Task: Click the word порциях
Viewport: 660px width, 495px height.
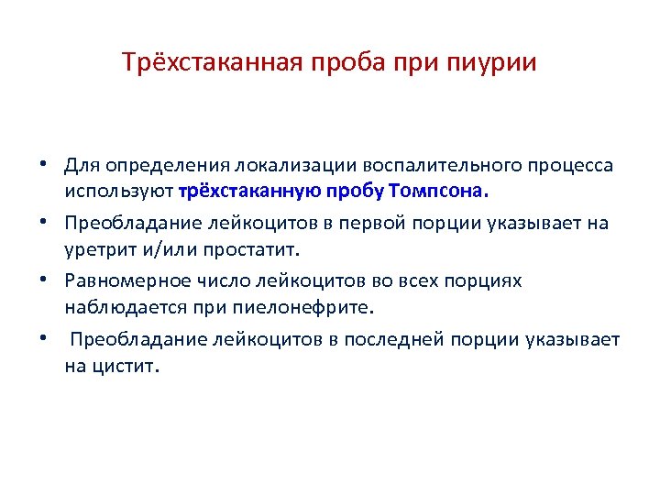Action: [489, 280]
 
